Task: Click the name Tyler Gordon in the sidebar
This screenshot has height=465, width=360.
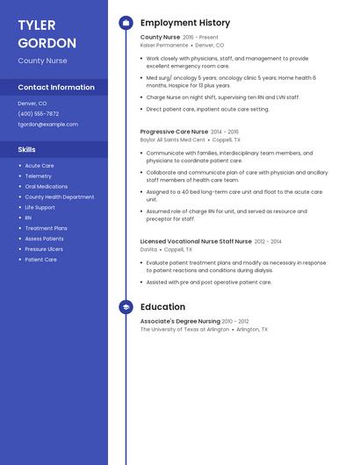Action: point(47,33)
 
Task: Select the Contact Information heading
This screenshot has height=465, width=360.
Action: point(56,87)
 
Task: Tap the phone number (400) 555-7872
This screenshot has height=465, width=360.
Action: point(39,113)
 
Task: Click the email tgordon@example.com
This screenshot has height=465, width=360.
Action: point(47,124)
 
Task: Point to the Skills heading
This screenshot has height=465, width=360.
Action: point(26,149)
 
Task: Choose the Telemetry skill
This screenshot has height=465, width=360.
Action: point(38,175)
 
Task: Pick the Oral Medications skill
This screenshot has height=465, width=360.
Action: point(46,186)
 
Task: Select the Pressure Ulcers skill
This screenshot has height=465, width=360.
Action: point(44,249)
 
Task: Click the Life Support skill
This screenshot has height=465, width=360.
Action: point(40,207)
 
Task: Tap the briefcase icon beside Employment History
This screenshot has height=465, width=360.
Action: point(126,23)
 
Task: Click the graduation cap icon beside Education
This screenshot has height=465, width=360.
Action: point(126,307)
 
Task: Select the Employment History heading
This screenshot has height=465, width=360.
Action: point(185,23)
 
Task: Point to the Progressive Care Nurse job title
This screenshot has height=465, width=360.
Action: point(174,132)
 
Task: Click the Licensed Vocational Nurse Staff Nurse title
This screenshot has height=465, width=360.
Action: point(196,240)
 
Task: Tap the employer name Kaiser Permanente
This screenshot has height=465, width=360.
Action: point(164,45)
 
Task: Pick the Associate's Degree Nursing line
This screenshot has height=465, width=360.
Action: point(180,321)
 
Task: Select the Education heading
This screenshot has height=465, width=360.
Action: point(162,307)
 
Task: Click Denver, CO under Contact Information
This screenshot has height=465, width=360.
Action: point(32,103)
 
